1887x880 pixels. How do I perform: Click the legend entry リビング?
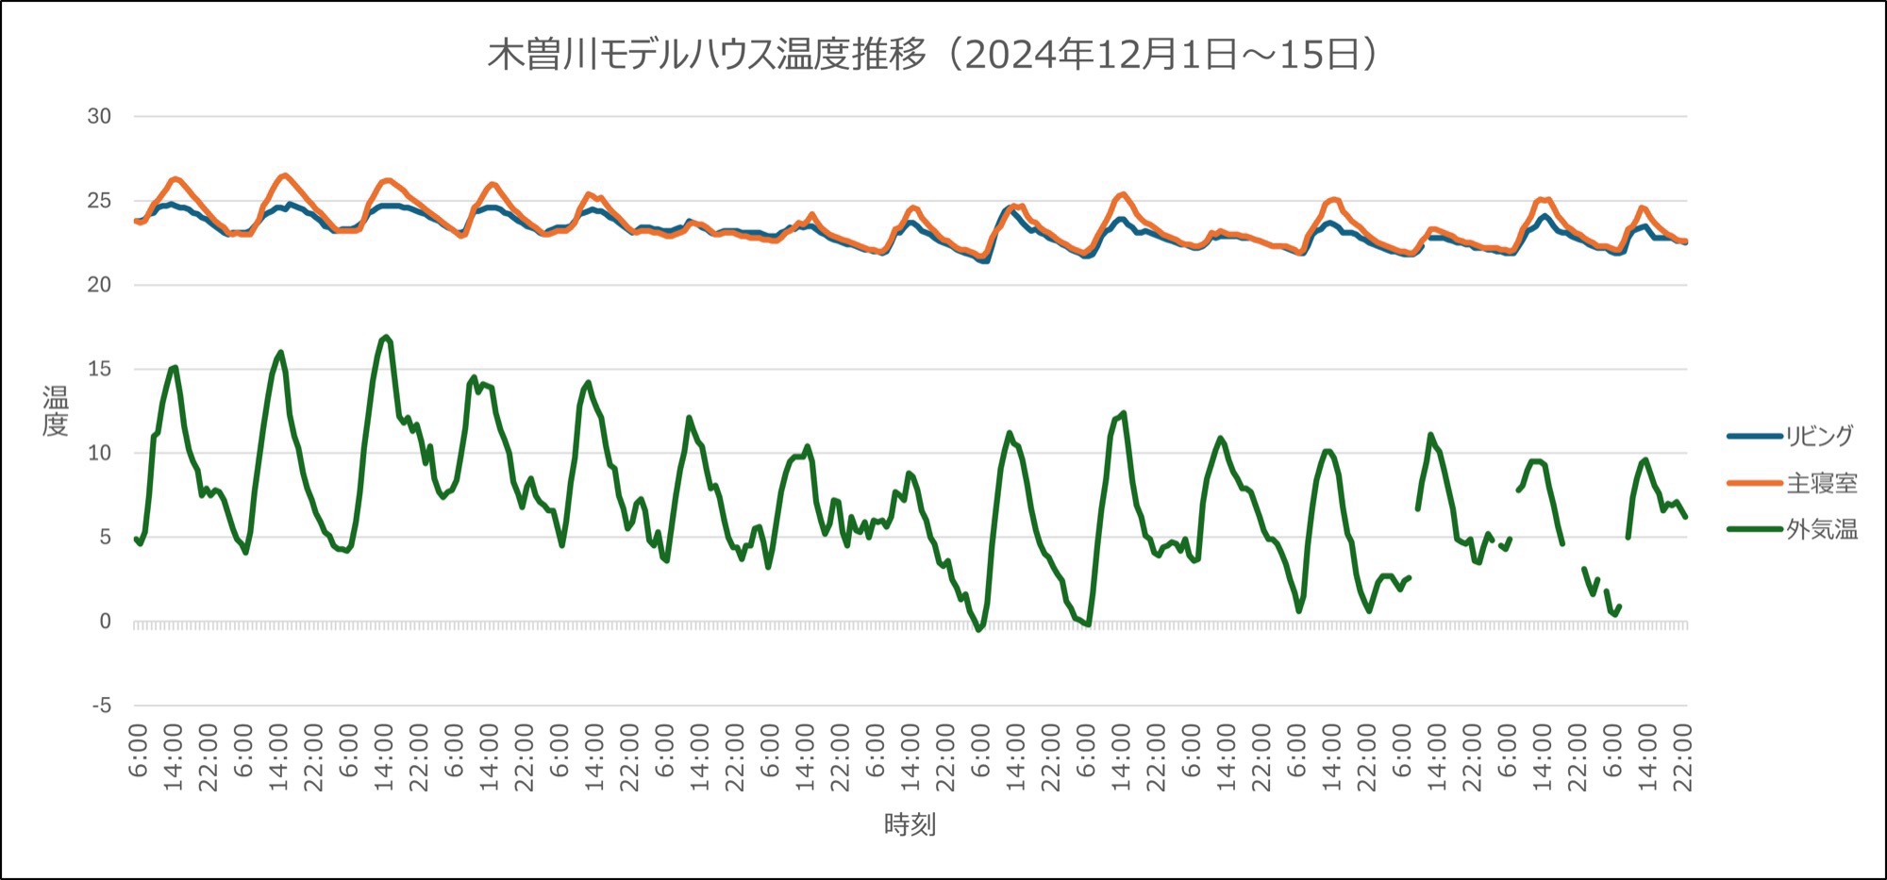click(x=1819, y=436)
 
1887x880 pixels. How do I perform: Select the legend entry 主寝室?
click(x=1821, y=483)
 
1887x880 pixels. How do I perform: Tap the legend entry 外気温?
click(x=1821, y=529)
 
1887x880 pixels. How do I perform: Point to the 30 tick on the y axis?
click(x=99, y=116)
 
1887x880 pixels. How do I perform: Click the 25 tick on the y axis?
click(x=99, y=201)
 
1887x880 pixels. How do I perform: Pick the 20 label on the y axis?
click(x=99, y=285)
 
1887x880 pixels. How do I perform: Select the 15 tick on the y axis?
click(x=99, y=369)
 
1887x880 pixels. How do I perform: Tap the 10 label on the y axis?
click(x=99, y=453)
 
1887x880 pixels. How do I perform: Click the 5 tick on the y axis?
click(x=105, y=537)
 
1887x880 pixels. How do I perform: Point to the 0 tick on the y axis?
click(x=105, y=622)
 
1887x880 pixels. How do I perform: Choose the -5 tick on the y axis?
click(x=101, y=706)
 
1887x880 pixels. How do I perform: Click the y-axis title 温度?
click(x=55, y=411)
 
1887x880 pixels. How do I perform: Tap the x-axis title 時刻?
click(x=910, y=824)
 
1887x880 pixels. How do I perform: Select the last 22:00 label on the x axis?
click(x=1683, y=757)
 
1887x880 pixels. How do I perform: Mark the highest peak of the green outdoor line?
click(x=385, y=337)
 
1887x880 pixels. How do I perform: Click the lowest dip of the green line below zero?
click(x=978, y=629)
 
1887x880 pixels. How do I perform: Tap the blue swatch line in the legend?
click(x=1754, y=436)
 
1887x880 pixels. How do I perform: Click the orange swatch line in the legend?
click(x=1754, y=483)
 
